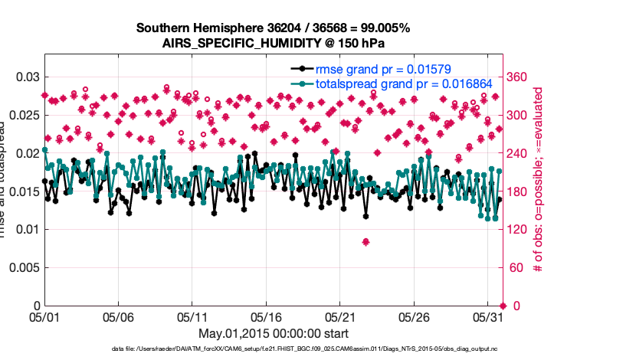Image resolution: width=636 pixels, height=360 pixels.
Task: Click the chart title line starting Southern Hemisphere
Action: (273, 28)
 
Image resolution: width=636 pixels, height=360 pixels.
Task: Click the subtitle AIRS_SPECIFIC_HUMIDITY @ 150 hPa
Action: (273, 43)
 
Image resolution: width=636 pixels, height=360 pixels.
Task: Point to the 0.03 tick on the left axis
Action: (26, 77)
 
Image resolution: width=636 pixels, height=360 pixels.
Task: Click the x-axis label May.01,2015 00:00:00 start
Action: (273, 333)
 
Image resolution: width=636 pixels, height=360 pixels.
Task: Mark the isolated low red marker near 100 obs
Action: (366, 242)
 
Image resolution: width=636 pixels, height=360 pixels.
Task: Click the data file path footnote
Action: (273, 349)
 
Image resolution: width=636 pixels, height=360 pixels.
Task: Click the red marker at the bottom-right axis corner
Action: (502, 306)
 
